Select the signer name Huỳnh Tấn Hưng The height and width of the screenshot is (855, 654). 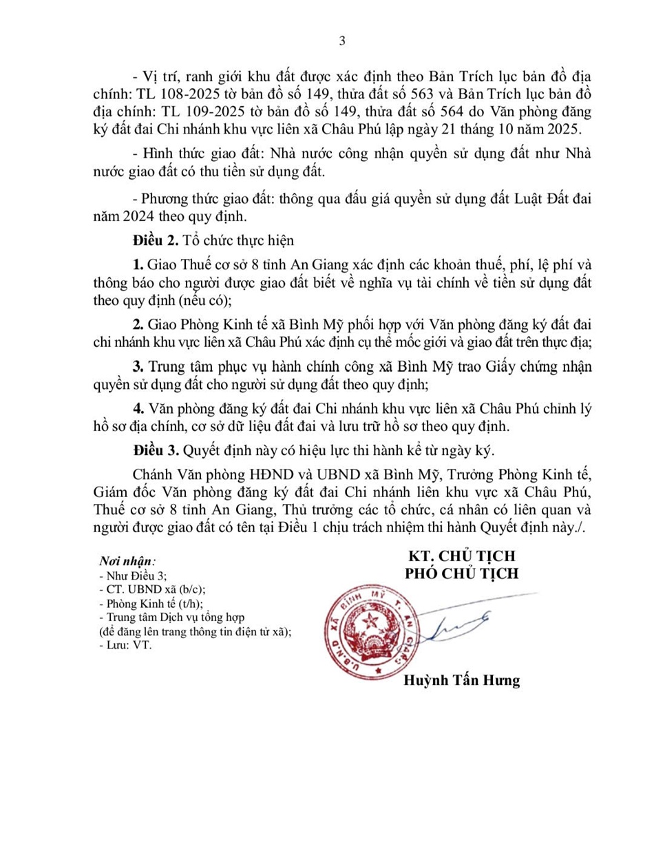point(461,681)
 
